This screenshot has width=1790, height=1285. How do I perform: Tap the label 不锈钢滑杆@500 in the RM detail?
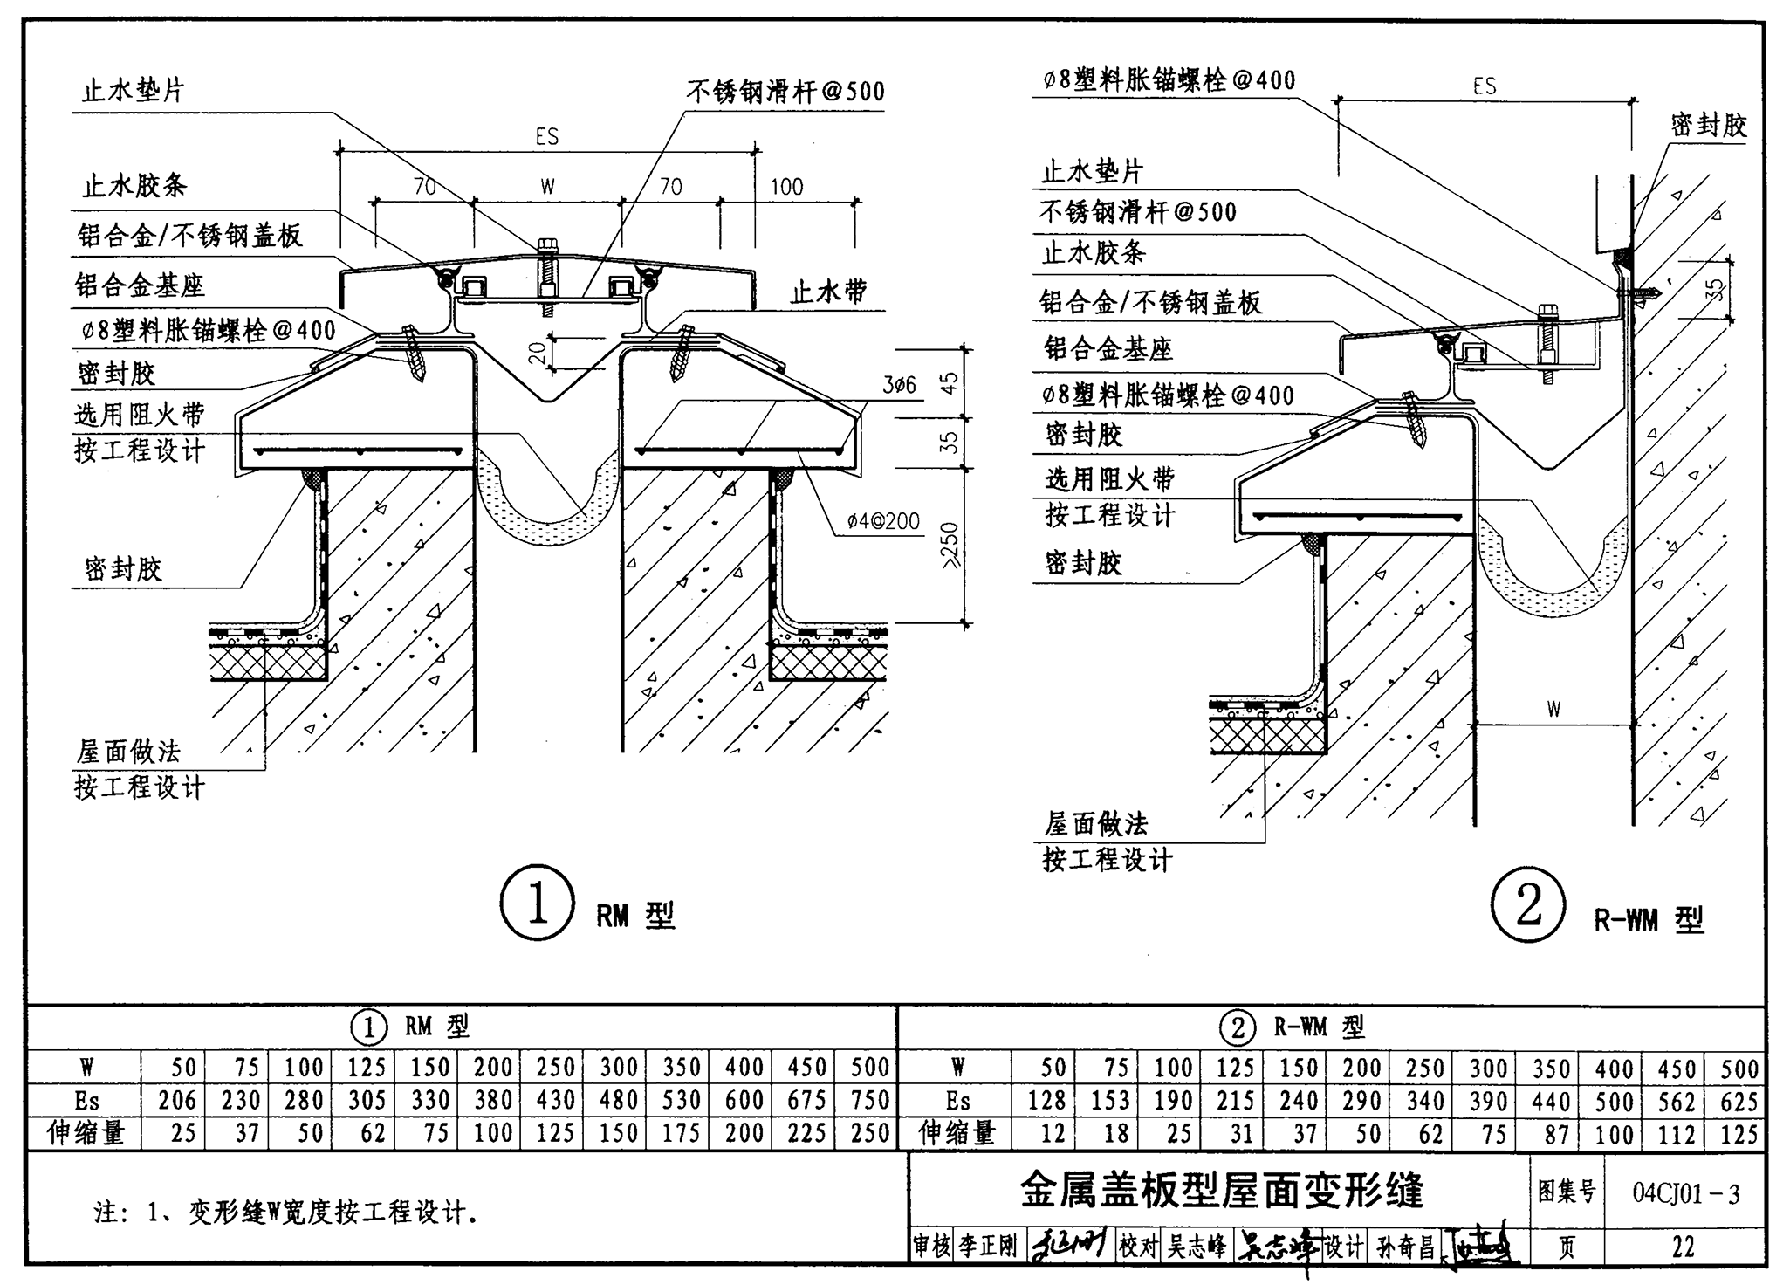tap(785, 91)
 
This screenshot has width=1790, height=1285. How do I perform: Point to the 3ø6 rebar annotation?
tap(899, 384)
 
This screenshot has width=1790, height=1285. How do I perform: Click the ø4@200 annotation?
tap(883, 521)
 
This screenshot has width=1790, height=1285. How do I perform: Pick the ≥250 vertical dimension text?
tap(950, 546)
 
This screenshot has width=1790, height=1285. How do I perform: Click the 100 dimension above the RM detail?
tap(786, 186)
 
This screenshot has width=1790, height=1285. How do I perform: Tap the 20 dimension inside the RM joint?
tap(538, 352)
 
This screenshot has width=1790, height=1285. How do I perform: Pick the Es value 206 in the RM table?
tap(177, 1100)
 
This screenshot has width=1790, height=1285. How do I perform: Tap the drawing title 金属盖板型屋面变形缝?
tap(1222, 1190)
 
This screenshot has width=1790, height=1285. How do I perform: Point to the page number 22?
tap(1683, 1247)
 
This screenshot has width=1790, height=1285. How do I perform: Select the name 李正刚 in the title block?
tap(988, 1247)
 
